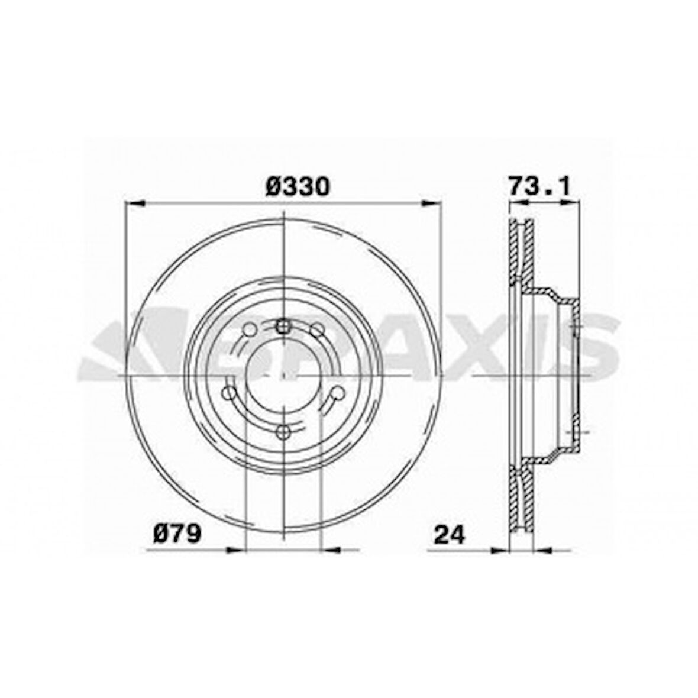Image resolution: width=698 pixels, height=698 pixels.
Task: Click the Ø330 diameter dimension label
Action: tap(297, 187)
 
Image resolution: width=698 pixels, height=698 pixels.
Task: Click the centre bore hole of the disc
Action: tap(284, 377)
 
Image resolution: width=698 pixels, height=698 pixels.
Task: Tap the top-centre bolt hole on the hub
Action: tap(284, 325)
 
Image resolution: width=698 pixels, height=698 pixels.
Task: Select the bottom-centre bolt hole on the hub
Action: tap(284, 431)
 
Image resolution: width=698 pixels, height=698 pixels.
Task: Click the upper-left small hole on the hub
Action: tap(250, 329)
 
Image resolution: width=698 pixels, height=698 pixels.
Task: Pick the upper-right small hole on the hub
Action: tap(318, 329)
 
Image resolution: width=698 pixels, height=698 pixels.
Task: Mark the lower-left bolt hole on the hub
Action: tap(228, 393)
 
